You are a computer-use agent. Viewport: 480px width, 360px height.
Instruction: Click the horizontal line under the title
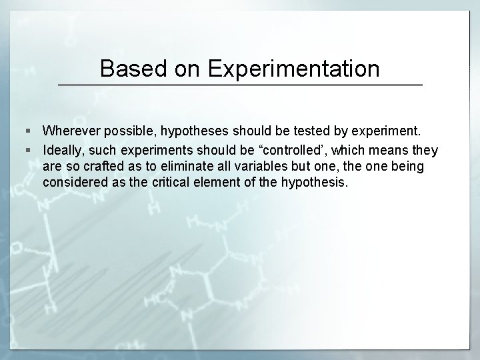240,85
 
